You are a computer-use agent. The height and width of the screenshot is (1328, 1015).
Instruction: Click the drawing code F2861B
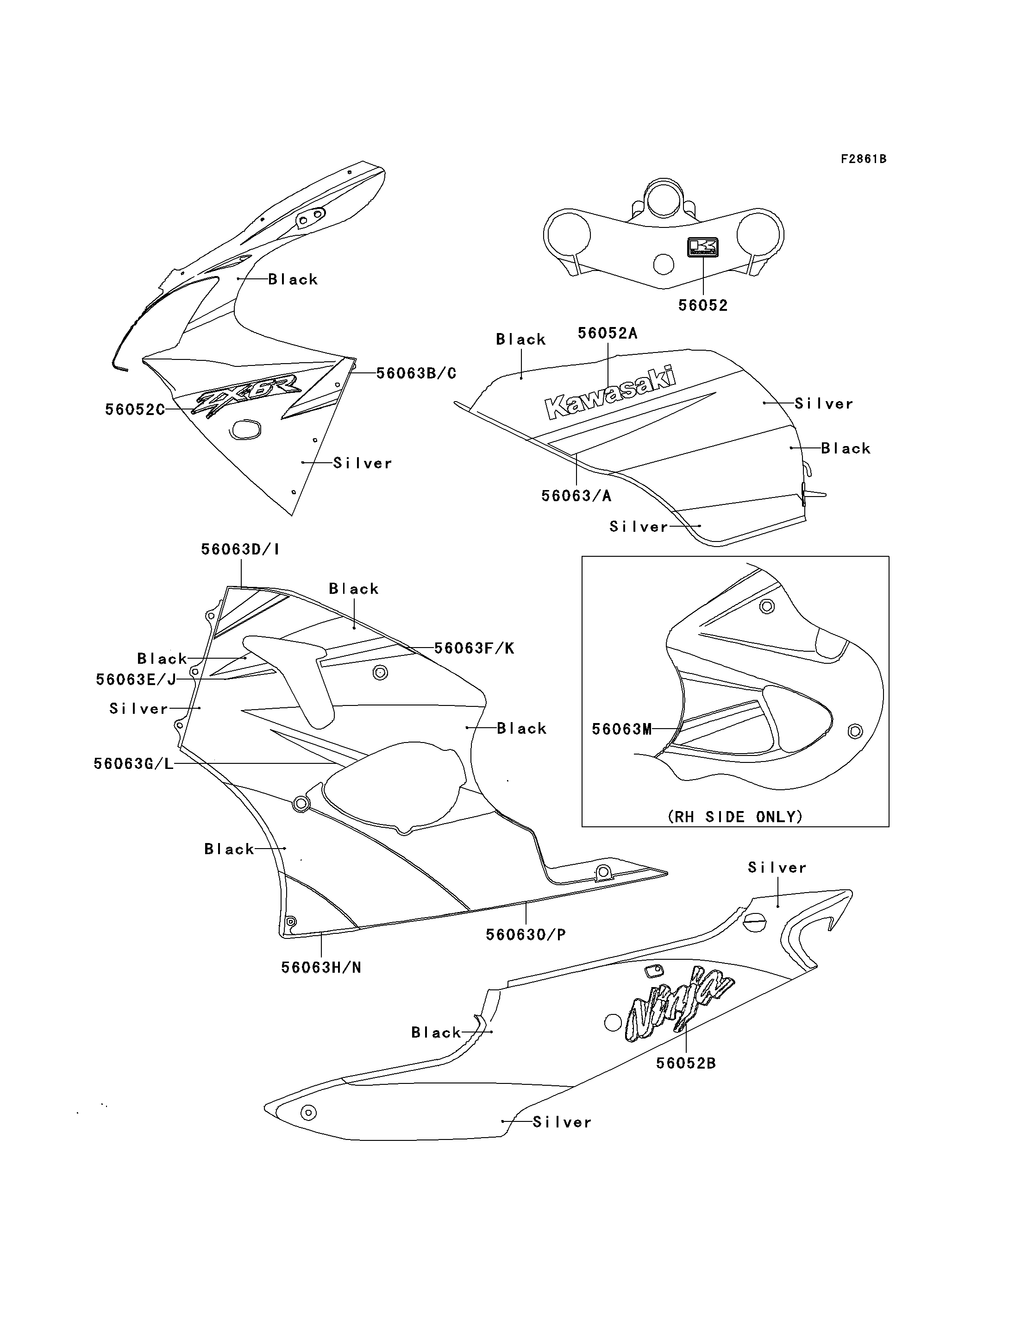864,159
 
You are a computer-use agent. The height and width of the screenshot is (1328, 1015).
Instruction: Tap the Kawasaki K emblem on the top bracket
702,247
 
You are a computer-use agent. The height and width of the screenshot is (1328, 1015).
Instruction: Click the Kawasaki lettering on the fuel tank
610,393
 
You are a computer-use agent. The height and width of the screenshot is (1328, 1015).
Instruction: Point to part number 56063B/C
416,373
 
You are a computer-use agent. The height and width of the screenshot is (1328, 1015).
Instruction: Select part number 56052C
135,410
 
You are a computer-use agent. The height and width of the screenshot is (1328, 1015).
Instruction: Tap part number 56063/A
576,496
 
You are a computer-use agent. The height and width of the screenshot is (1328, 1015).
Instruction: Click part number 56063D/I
240,549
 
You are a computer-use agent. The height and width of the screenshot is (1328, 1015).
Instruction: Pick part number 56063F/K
474,648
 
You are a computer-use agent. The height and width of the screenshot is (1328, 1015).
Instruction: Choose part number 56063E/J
136,680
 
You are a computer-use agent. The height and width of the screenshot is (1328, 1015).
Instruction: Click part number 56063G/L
133,763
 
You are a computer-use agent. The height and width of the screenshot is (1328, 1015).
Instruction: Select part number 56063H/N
321,968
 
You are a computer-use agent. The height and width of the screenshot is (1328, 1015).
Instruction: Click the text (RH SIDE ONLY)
735,817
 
